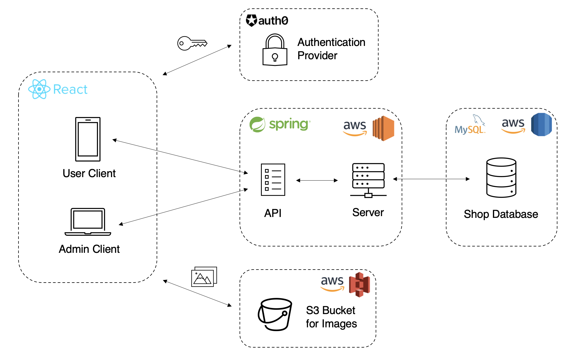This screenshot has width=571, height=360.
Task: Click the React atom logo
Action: click(39, 89)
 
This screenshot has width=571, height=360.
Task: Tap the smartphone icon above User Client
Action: click(88, 139)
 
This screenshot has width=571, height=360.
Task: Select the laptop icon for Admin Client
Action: click(88, 222)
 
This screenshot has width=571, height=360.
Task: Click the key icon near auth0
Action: click(192, 43)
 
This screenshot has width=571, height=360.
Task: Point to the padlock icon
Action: click(275, 50)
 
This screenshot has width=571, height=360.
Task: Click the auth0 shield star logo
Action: click(251, 21)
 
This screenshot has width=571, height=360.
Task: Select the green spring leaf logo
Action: click(257, 125)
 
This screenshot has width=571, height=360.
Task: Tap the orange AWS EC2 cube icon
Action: click(383, 128)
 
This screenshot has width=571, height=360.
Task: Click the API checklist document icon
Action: click(273, 180)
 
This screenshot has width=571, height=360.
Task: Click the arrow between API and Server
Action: click(317, 180)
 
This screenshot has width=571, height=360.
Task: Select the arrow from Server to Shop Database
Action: click(431, 179)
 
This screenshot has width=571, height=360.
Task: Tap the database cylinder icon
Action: click(501, 177)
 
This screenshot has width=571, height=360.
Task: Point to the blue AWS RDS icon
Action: click(542, 125)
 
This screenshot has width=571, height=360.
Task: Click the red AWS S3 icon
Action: click(359, 285)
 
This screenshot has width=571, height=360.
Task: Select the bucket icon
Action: click(275, 314)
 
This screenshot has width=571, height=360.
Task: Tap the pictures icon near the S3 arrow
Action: click(204, 277)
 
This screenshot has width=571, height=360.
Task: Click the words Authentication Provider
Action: click(331, 49)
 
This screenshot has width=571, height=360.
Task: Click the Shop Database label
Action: click(501, 214)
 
